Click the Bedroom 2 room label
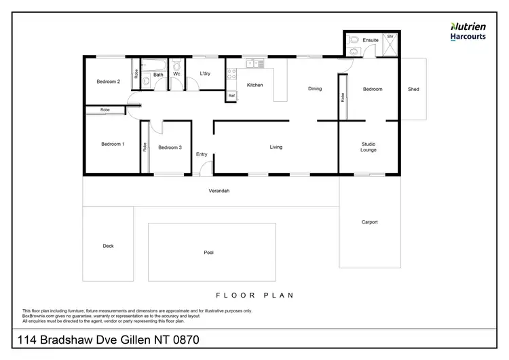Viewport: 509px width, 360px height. tap(108, 82)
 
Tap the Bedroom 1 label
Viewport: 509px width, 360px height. tap(112, 144)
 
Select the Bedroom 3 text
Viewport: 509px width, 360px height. tap(170, 147)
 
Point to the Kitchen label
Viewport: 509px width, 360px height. tap(254, 85)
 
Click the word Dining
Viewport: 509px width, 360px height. tap(314, 89)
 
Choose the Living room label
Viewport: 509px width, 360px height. tap(276, 147)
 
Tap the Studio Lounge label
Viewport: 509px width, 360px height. tap(369, 147)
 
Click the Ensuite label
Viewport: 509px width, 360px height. tap(371, 40)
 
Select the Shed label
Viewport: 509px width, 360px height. tap(413, 89)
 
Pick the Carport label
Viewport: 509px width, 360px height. tap(369, 222)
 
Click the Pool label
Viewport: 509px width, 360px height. tap(208, 253)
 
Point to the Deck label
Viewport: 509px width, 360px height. tap(108, 246)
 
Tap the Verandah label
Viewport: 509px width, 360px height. tap(219, 191)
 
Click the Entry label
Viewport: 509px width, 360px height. tap(202, 154)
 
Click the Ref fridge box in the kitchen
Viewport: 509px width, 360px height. tap(231, 96)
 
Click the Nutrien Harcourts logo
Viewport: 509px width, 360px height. tap(468, 31)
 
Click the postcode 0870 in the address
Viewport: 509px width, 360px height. tap(183, 339)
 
